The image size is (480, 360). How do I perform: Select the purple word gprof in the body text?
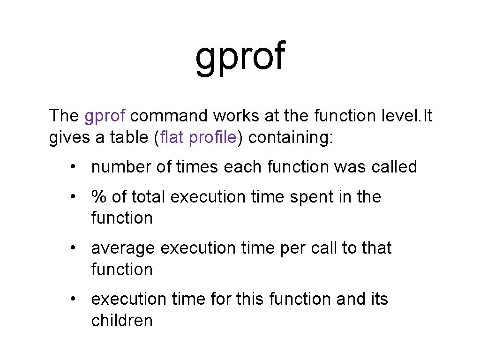105,115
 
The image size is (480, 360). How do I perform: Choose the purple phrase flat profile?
199,138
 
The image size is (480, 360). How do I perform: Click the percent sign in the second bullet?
98,197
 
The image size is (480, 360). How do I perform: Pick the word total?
148,197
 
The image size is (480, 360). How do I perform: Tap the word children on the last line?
122,321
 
